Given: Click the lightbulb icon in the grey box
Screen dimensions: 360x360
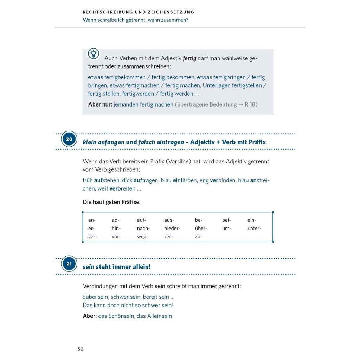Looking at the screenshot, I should (94, 54).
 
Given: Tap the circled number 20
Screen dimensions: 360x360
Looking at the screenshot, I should (69, 139).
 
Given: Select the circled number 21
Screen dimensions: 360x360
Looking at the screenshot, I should (69, 264).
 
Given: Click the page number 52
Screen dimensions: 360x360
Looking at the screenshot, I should (81, 349).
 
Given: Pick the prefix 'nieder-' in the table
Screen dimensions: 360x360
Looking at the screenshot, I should (172, 229).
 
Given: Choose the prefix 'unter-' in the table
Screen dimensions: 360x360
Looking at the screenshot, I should (254, 229).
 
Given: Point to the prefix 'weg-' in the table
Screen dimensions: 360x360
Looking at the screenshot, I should (142, 237).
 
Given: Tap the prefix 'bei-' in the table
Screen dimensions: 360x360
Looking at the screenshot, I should (226, 220).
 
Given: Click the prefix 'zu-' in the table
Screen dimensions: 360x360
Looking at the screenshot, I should (199, 237).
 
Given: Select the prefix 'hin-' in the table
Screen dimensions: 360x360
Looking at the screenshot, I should (116, 229).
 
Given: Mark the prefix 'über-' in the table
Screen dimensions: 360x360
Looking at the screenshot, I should (201, 229).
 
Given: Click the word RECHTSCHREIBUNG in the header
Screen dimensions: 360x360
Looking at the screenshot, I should (107, 12).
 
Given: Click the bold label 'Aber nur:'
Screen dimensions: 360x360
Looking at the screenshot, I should (100, 104).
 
